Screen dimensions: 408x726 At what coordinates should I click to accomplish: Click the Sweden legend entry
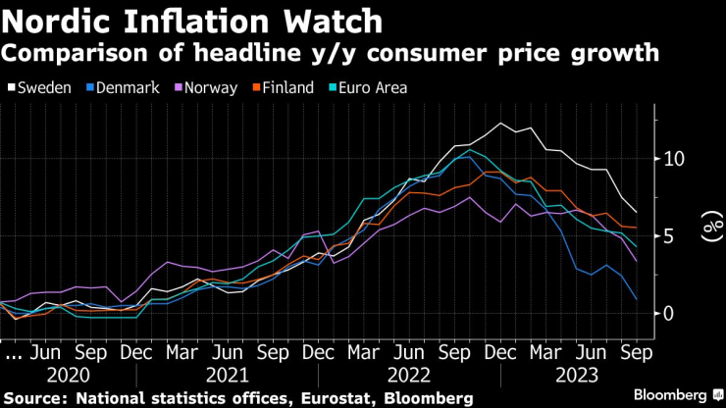[39, 87]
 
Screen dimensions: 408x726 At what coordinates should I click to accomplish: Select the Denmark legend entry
[124, 87]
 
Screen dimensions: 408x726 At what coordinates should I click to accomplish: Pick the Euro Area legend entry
[368, 87]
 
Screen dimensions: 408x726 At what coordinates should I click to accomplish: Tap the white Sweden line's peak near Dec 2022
[501, 124]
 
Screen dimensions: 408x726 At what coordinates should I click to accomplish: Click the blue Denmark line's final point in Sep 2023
[637, 299]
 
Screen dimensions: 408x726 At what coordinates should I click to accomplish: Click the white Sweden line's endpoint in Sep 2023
[637, 212]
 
